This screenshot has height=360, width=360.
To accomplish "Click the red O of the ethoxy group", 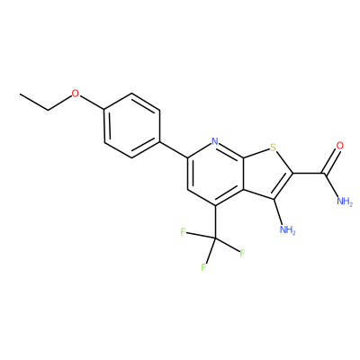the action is [x=76, y=94].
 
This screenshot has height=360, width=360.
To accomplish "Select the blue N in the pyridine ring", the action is [x=214, y=141].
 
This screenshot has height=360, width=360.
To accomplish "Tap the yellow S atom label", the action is [x=273, y=148].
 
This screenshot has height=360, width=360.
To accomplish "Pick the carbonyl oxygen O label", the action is [x=339, y=146].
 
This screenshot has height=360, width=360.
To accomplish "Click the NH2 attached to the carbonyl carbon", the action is [x=345, y=201].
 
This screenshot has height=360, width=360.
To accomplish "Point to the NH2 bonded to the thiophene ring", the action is [x=287, y=229].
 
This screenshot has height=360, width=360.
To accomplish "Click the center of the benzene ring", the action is [x=131, y=125].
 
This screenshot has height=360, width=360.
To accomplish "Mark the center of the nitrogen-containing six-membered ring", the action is [x=215, y=174].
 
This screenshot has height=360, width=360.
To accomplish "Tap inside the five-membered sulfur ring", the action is [x=266, y=174].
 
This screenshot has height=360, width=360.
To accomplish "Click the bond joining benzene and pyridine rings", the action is [x=174, y=149].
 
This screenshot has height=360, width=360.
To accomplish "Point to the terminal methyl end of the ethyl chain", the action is [x=20, y=94].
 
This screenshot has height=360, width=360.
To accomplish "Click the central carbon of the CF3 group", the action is [x=215, y=238].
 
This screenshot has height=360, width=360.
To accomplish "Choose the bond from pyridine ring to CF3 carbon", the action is [x=215, y=222].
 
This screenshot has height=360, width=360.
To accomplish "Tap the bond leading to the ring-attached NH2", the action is [x=279, y=211].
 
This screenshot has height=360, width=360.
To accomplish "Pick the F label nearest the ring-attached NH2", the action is [x=242, y=254].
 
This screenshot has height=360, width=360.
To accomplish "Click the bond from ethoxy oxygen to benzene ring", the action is [x=92, y=103].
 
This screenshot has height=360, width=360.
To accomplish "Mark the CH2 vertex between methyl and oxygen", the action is [x=49, y=110].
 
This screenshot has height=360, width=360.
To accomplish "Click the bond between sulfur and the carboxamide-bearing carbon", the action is [x=284, y=162].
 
